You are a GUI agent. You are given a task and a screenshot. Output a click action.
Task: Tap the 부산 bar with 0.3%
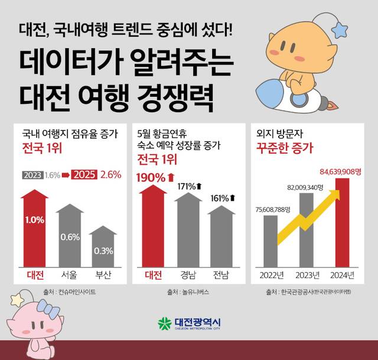click(103, 248)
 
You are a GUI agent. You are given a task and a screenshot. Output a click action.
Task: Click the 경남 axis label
click(188, 274)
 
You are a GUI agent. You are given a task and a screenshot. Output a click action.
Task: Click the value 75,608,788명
click(280, 208)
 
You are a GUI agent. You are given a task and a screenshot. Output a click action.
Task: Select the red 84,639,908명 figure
click(341, 171)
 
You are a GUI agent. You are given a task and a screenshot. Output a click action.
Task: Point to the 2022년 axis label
click(272, 275)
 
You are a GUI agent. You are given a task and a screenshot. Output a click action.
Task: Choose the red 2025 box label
click(84, 175)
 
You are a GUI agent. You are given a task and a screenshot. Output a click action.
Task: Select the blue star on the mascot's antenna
click(341, 29)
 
